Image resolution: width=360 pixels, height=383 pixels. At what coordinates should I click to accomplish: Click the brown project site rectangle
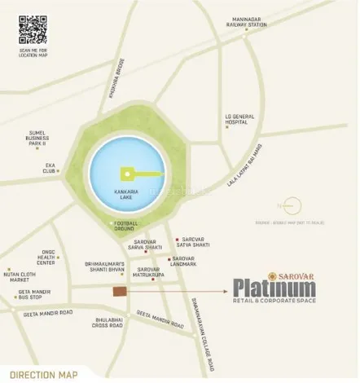[121, 292]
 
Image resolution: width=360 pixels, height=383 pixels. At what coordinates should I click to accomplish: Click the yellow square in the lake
[127, 173]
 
